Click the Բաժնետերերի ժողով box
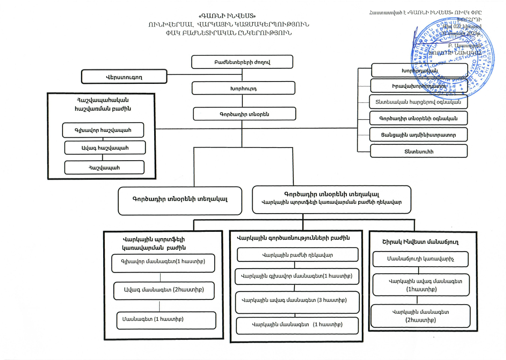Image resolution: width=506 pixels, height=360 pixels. click(242, 62)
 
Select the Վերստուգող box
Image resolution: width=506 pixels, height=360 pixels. click(124, 77)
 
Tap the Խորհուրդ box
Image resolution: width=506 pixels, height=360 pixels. click(243, 88)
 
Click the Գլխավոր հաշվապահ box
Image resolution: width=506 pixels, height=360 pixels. click(103, 130)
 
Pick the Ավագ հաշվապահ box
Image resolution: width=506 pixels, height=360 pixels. click(105, 148)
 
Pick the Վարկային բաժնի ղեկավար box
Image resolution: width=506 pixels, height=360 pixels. click(297, 255)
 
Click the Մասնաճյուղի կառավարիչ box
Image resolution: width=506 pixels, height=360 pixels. click(421, 259)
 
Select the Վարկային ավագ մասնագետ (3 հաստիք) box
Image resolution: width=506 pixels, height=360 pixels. click(297, 300)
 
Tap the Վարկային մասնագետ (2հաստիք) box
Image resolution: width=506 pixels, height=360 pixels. click(421, 316)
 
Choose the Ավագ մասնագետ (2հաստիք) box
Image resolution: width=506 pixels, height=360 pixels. click(164, 290)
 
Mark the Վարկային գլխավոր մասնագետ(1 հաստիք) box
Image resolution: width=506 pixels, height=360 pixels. click(297, 276)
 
